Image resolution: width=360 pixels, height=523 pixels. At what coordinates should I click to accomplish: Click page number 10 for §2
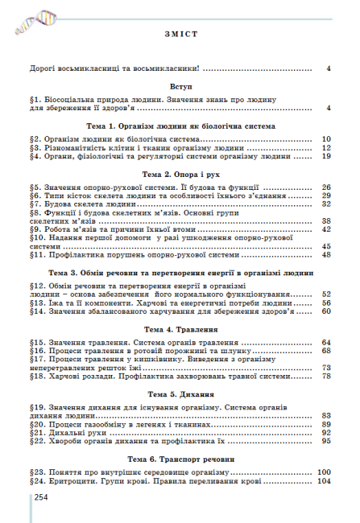click(x=326, y=139)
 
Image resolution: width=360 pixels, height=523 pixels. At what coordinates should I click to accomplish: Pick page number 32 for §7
click(x=326, y=204)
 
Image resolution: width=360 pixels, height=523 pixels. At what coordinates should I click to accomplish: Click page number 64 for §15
click(x=326, y=343)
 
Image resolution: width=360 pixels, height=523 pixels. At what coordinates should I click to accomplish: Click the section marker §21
click(x=36, y=432)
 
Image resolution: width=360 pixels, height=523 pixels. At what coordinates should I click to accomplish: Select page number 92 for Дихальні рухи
click(x=326, y=432)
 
